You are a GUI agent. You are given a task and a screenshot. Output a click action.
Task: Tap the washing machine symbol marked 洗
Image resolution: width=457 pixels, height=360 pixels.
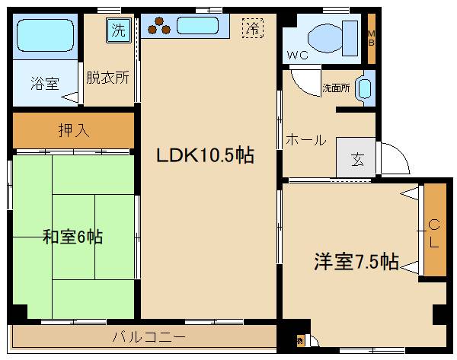pyautogui.click(x=117, y=31)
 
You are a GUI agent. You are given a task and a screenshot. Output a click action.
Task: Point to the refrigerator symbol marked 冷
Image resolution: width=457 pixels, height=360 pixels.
pyautogui.click(x=251, y=29)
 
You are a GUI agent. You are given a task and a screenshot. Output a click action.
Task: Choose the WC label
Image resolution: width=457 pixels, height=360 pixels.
pyautogui.click(x=298, y=56)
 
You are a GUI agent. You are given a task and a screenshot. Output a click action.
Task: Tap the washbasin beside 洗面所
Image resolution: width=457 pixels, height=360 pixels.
pyautogui.click(x=366, y=87)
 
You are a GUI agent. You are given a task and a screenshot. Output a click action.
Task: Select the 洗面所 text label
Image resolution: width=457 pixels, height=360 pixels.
pyautogui.click(x=336, y=88)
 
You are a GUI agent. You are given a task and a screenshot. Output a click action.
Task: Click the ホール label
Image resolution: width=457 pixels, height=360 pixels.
pyautogui.click(x=305, y=140)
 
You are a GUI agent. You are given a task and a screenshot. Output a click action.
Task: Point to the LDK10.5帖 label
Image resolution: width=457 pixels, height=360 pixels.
pyautogui.click(x=204, y=155)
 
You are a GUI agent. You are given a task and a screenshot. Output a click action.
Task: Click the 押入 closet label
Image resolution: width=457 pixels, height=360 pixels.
pyautogui.click(x=74, y=130)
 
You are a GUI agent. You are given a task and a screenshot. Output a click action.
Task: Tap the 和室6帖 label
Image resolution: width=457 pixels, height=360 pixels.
pyautogui.click(x=72, y=237)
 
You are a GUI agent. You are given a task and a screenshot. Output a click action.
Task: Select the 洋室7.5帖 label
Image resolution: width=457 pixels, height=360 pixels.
pyautogui.click(x=356, y=261)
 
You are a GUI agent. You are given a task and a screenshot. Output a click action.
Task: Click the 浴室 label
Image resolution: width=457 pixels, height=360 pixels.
pyautogui.click(x=45, y=83)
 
